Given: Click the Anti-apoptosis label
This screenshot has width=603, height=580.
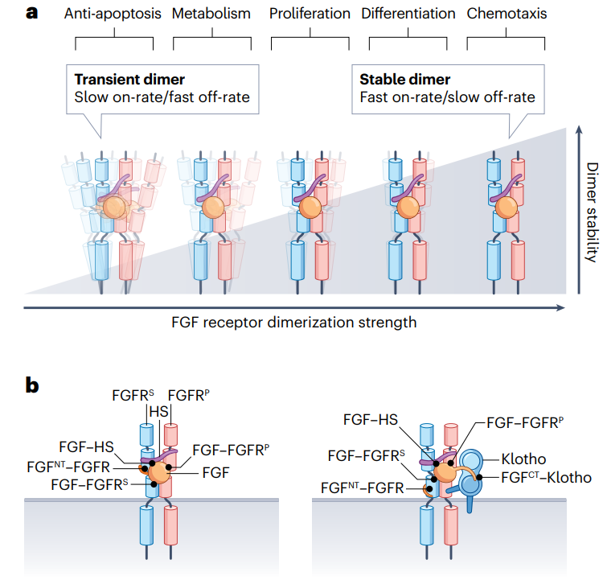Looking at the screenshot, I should (114, 14).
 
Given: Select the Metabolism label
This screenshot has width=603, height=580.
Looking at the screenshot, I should (211, 14).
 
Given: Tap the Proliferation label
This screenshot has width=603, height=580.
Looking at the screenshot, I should (310, 14).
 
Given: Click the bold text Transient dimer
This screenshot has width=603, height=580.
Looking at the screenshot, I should (129, 80).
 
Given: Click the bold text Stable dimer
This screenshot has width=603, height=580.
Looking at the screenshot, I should (405, 80).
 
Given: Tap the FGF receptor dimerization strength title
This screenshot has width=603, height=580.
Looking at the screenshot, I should (294, 323).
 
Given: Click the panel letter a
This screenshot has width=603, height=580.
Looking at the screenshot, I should (34, 14).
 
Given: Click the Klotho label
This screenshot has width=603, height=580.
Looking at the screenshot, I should (525, 460).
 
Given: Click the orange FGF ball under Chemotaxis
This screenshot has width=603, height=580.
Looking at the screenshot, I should (507, 208).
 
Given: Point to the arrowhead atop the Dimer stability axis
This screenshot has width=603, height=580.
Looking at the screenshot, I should (577, 129).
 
